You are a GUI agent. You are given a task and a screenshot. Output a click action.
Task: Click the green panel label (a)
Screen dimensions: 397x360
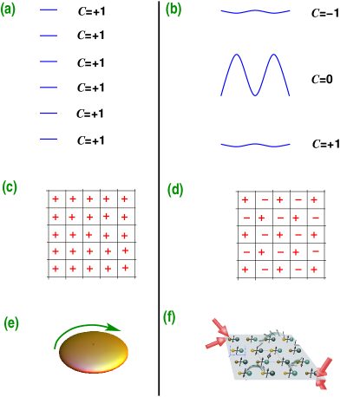tap(9, 10)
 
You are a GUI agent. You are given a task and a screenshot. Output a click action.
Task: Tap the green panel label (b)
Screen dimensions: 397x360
tap(173, 10)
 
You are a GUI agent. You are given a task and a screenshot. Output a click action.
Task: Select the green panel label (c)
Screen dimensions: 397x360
tap(10, 187)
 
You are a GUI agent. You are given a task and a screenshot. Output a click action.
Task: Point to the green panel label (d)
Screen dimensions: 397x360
tap(174, 189)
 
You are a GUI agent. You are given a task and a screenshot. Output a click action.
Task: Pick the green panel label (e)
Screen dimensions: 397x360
tap(11, 323)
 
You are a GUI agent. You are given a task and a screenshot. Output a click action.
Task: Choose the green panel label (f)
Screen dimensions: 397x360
tap(171, 317)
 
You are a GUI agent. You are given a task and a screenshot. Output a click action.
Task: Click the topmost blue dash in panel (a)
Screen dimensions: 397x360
tap(49, 10)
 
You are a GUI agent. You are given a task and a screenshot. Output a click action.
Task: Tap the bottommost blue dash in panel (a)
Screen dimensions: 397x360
tap(49, 139)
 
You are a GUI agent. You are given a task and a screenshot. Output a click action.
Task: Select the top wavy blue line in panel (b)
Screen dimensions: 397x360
tap(255, 12)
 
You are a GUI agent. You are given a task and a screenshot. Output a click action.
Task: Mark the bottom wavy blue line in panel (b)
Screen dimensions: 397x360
tap(255, 146)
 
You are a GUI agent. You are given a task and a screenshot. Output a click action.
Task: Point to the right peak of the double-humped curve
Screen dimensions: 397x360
tap(274, 56)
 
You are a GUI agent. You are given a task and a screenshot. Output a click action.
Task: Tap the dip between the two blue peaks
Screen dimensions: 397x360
tap(255, 94)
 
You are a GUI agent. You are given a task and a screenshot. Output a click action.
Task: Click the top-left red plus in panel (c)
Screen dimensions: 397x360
tap(56, 199)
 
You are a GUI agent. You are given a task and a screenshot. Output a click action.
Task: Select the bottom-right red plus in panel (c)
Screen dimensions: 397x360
tap(125, 268)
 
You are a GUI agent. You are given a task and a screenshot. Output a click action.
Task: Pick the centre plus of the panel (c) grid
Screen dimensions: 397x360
tap(89, 234)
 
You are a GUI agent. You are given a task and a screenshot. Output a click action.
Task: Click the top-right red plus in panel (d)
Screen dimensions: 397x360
tap(314, 200)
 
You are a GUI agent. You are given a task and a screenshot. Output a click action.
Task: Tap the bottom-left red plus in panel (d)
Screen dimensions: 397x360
tap(245, 270)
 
